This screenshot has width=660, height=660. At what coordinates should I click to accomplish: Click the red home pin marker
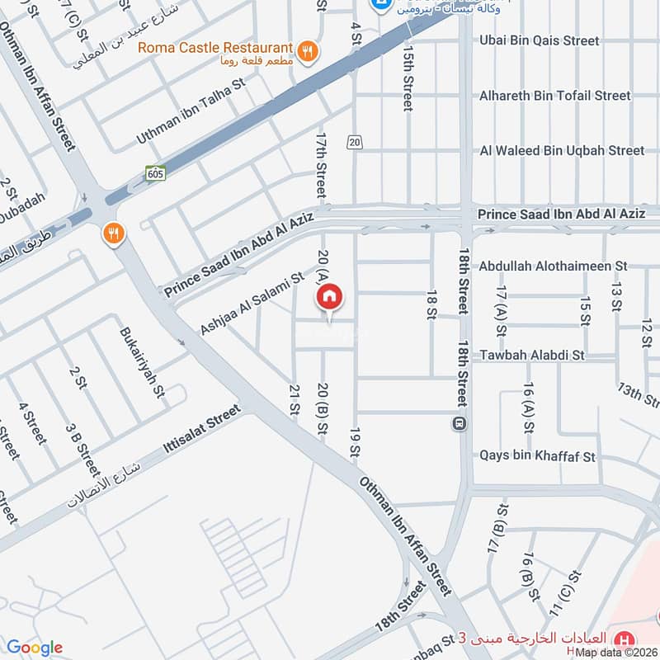(329, 296)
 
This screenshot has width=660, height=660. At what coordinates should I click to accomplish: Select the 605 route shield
(156, 173)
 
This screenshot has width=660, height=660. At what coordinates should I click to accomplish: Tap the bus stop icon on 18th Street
(458, 424)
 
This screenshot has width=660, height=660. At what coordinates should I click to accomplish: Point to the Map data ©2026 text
(616, 653)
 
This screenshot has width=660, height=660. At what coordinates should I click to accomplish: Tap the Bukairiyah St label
(140, 363)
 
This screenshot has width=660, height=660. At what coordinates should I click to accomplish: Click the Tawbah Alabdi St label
(532, 355)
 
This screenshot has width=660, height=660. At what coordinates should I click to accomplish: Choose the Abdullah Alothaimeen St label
(554, 266)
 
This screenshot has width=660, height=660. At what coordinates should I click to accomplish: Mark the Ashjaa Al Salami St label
(252, 303)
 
